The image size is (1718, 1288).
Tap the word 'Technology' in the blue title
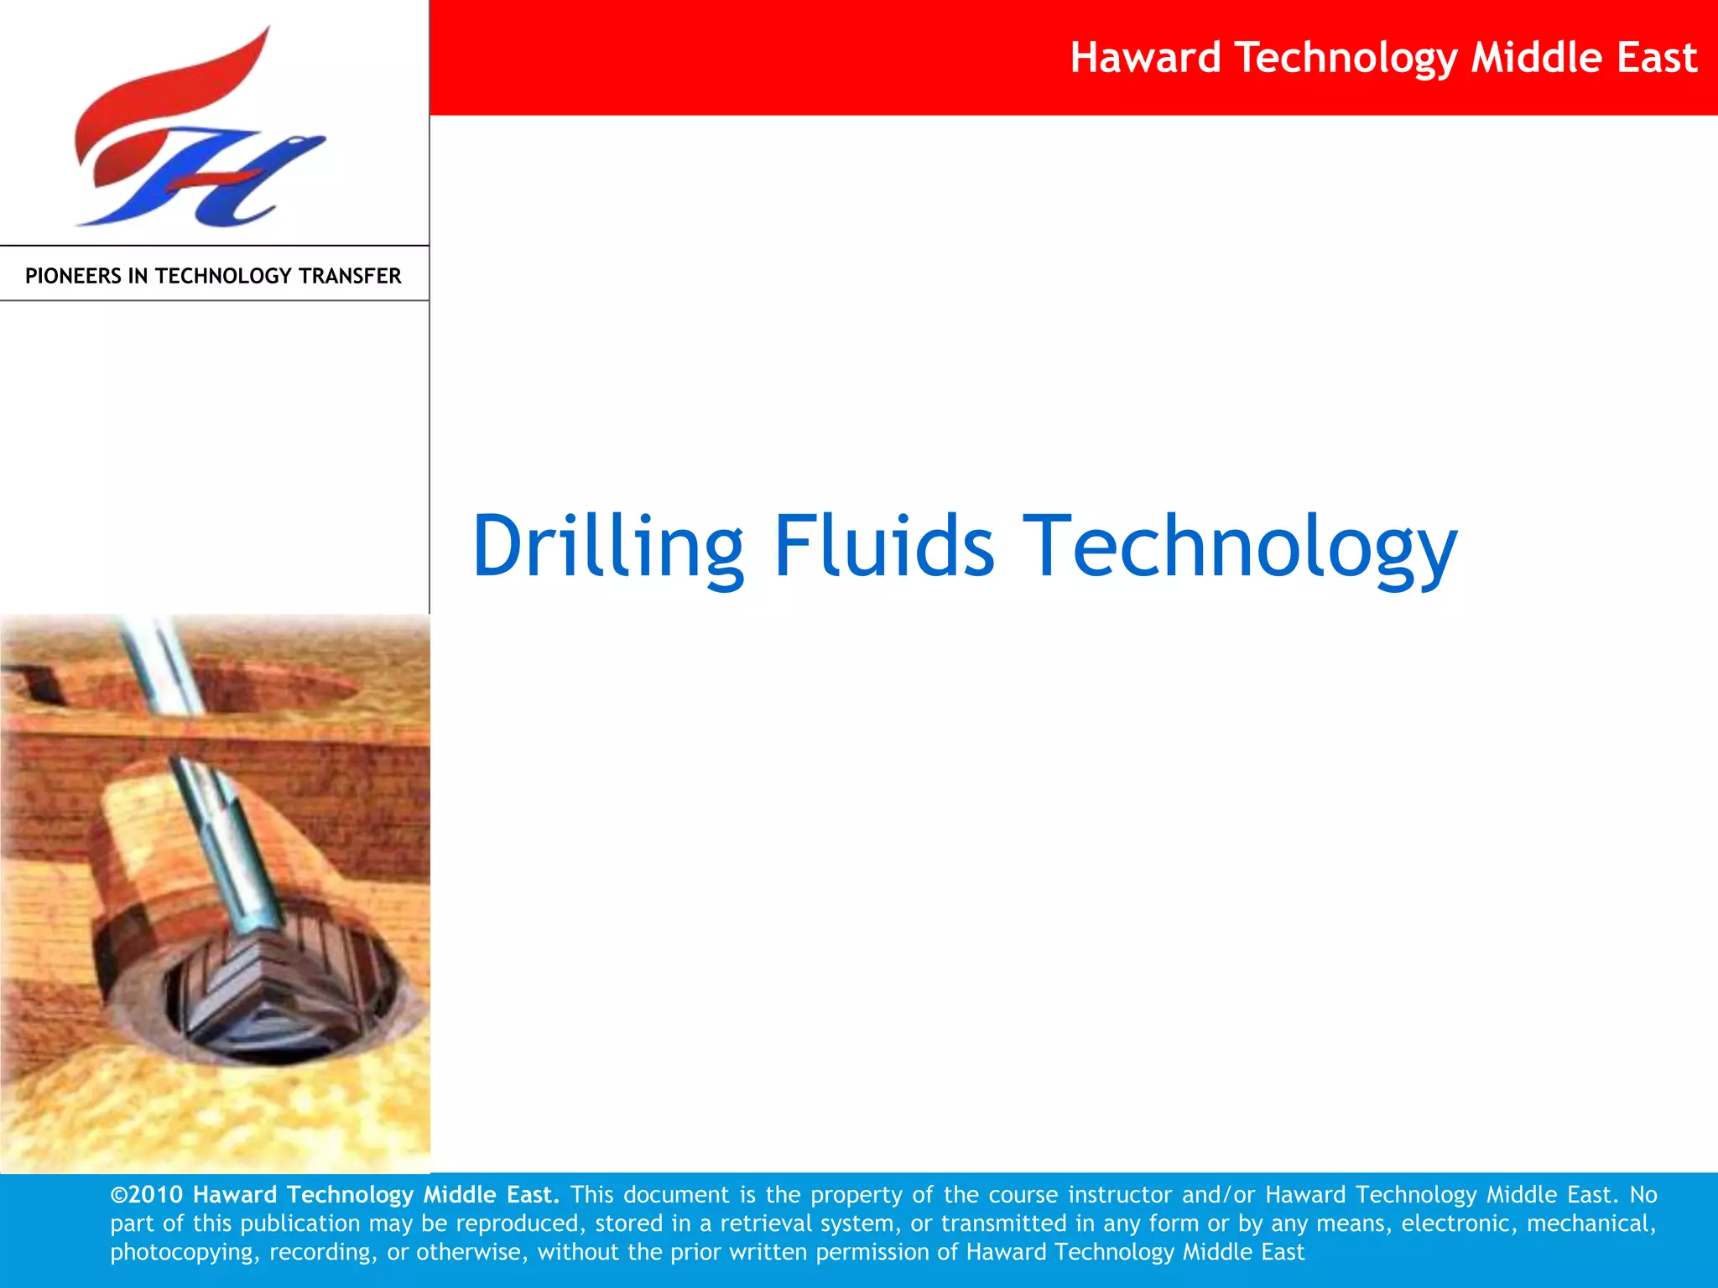click(1242, 547)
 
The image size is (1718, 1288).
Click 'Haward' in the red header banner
click(1145, 58)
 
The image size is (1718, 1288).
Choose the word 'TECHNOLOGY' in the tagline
click(225, 276)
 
